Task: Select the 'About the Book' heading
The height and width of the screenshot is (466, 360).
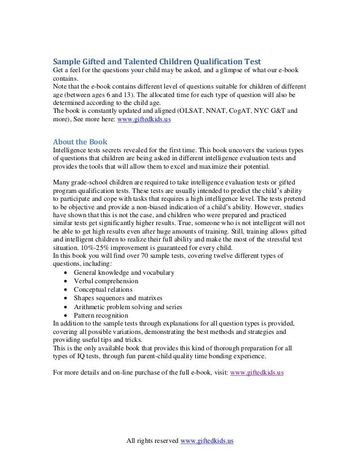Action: point(77,142)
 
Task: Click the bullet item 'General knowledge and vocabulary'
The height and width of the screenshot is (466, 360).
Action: point(124,272)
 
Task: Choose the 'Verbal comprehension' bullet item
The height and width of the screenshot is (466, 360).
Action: point(106,281)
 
